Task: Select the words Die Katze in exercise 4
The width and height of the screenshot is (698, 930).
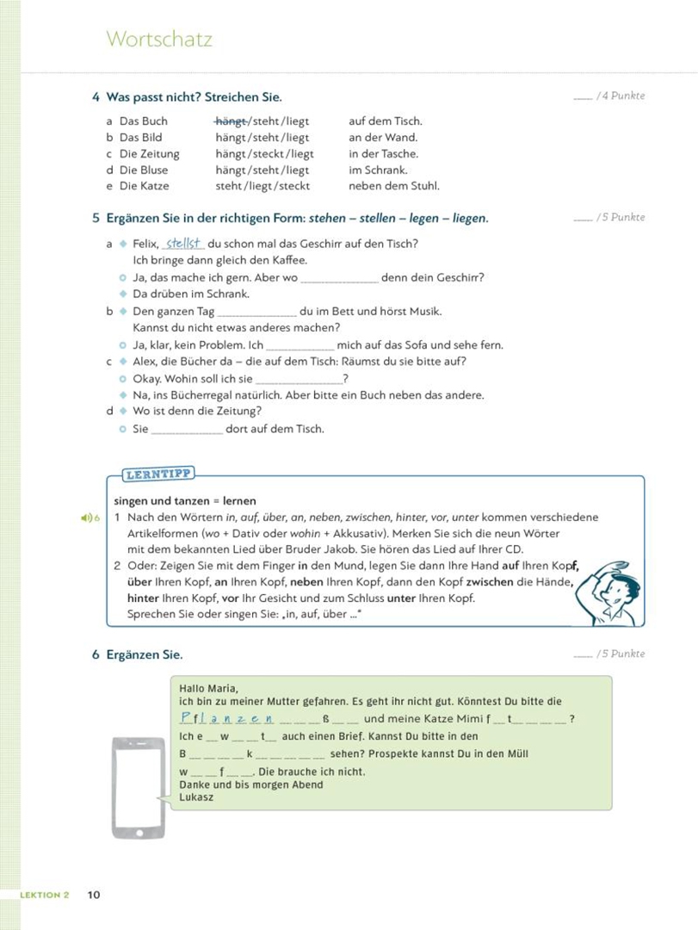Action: click(x=144, y=186)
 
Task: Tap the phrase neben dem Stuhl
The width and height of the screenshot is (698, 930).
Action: click(x=393, y=186)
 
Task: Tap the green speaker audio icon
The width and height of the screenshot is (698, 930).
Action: click(x=87, y=518)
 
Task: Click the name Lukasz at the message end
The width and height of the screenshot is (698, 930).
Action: click(x=196, y=797)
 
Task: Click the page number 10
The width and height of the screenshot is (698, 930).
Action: click(x=94, y=895)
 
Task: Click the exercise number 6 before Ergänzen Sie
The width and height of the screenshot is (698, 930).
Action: click(x=96, y=654)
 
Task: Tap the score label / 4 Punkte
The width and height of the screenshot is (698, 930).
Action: click(x=621, y=96)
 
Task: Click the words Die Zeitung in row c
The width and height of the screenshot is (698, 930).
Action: click(x=149, y=154)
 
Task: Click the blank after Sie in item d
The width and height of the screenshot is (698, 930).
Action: click(x=187, y=430)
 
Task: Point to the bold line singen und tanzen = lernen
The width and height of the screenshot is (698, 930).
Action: click(x=185, y=501)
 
